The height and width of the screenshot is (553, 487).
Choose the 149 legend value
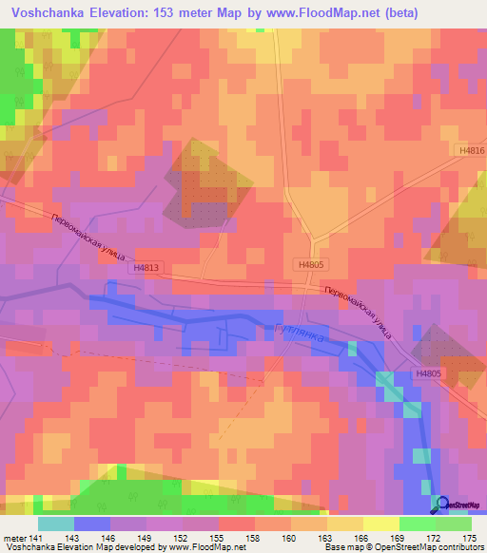(x=146, y=538)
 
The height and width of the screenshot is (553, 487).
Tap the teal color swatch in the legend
(x=56, y=524)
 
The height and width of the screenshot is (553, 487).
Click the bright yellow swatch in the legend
(x=381, y=524)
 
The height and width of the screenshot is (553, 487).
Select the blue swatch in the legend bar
(x=92, y=524)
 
